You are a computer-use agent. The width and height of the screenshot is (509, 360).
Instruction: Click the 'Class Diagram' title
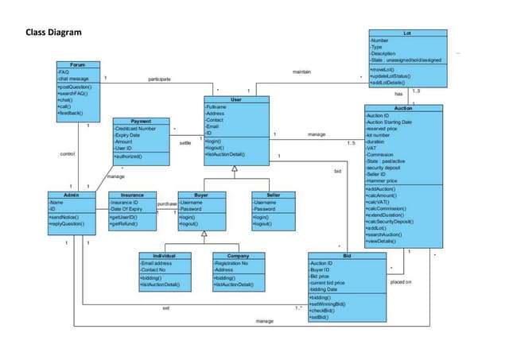[x=53, y=33]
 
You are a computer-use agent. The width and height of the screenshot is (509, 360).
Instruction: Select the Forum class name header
[x=77, y=64]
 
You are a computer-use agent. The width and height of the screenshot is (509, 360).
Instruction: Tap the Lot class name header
[x=407, y=33]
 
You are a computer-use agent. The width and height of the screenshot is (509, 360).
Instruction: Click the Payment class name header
[x=140, y=121]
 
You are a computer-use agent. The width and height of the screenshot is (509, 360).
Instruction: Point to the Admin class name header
[x=71, y=195]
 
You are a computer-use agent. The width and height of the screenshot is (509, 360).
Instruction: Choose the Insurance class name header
[x=131, y=195]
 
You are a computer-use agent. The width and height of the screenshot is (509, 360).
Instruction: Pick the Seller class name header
[x=272, y=195]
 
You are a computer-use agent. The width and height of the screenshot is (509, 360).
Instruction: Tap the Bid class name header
[x=348, y=255]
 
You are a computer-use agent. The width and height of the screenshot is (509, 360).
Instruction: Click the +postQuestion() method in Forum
[x=76, y=86]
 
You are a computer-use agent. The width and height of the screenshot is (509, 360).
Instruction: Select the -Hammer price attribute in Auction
[x=383, y=181]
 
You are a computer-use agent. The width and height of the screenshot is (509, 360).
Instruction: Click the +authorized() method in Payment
[x=130, y=156]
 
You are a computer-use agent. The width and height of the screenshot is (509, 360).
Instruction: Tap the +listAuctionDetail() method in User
[x=229, y=154]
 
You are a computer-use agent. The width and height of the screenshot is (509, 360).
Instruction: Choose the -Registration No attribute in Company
[x=232, y=262]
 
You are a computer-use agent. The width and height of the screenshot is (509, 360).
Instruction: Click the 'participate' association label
[x=159, y=79]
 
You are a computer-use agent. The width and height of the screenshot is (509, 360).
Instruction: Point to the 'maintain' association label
[x=301, y=72]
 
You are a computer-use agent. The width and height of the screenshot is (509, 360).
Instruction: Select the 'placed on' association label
[x=401, y=281]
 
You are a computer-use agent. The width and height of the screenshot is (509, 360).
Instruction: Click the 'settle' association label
[x=185, y=143]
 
